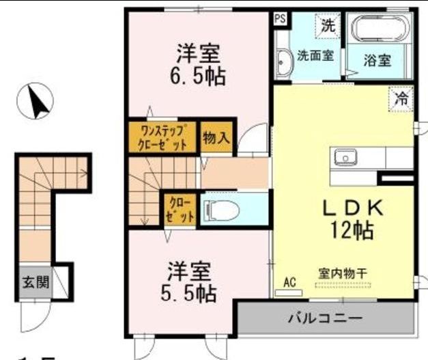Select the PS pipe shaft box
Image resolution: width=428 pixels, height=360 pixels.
pyautogui.click(x=280, y=19)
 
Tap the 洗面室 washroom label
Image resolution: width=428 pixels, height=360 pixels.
pyautogui.click(x=314, y=56)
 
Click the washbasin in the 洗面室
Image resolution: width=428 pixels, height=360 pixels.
pyautogui.click(x=282, y=64)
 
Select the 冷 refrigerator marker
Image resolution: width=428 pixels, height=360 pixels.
pyautogui.click(x=402, y=98)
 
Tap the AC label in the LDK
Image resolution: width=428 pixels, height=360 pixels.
pyautogui.click(x=289, y=281)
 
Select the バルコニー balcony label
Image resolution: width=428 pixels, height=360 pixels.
pyautogui.click(x=324, y=318)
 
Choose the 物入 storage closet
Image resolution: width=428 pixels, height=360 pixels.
pyautogui.click(x=216, y=137)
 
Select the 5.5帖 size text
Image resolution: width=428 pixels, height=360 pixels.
pyautogui.click(x=190, y=294)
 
